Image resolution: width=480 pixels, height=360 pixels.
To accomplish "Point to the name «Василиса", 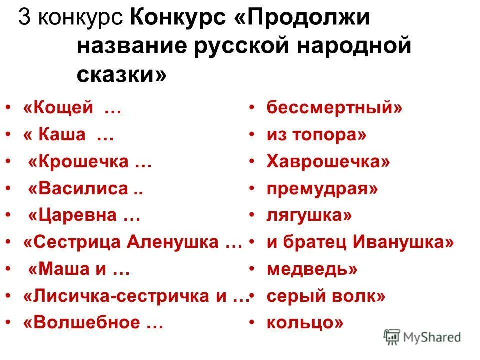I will (x=78, y=189).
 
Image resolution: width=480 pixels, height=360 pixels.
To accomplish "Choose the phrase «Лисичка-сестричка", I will (x=117, y=297).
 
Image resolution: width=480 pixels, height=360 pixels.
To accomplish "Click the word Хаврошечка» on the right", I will (x=328, y=162).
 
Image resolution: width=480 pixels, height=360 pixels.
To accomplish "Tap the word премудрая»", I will (x=322, y=189).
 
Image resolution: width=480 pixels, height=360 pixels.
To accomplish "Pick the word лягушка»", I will (x=309, y=216).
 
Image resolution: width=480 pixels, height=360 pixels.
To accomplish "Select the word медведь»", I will (x=312, y=270).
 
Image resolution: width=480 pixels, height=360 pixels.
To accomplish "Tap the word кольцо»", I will (x=305, y=323).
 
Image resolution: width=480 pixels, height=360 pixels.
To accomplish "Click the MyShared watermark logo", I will (x=422, y=337).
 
